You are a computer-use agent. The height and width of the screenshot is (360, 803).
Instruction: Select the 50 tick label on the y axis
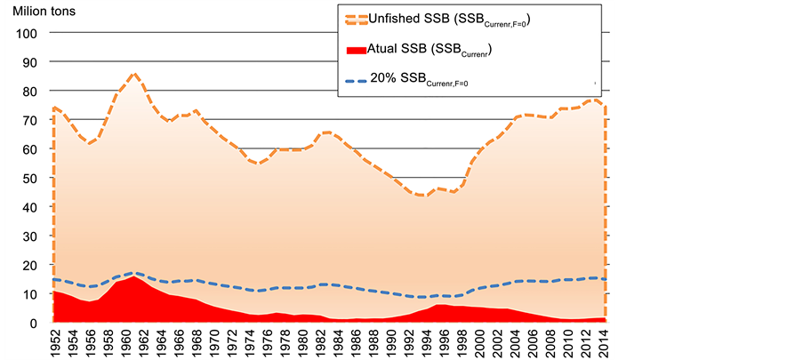(x=30, y=179)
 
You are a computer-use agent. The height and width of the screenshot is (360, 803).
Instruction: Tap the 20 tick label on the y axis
(x=30, y=266)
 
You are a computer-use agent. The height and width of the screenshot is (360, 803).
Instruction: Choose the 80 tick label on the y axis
(x=30, y=92)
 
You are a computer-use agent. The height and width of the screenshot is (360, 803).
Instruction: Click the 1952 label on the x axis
(x=54, y=342)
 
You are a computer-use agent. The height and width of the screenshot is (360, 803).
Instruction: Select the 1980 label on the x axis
(x=302, y=342)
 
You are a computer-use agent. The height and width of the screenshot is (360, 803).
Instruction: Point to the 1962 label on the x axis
(x=143, y=342)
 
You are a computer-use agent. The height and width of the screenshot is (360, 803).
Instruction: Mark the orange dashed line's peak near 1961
(x=133, y=75)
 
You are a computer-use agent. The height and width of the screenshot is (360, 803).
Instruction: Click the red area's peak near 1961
(x=133, y=276)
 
